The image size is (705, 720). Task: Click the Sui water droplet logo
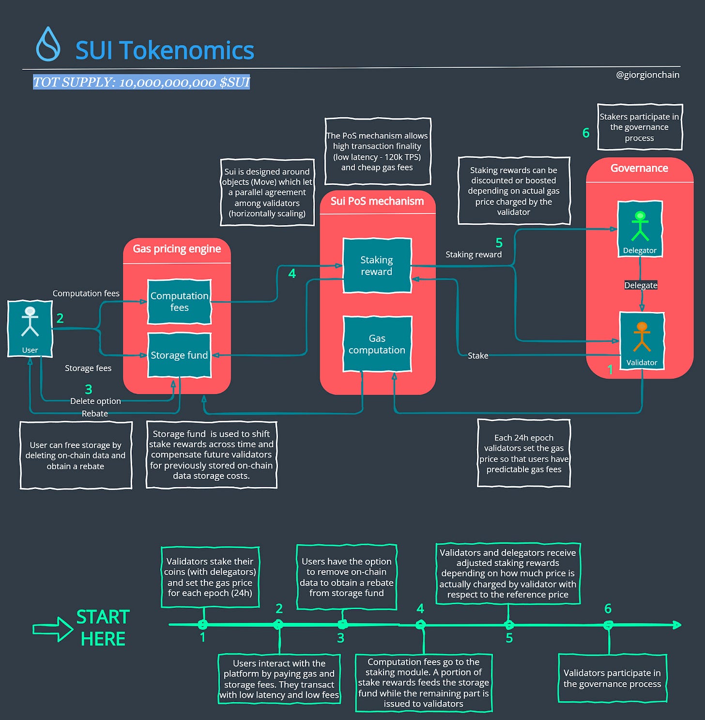(x=48, y=44)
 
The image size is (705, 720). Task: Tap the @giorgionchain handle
(x=647, y=75)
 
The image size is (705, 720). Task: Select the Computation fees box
(x=179, y=302)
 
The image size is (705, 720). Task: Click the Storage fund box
(x=179, y=355)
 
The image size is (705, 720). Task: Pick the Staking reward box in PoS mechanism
(x=377, y=265)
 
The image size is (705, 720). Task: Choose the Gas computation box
(x=377, y=344)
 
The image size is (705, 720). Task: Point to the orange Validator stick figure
(x=642, y=336)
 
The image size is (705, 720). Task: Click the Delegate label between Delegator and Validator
(x=641, y=285)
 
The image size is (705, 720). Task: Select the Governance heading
(x=639, y=168)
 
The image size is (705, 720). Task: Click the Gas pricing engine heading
(x=177, y=249)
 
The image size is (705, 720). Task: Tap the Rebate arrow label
(x=95, y=414)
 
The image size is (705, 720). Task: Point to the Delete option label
(x=95, y=401)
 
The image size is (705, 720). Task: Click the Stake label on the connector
(x=478, y=355)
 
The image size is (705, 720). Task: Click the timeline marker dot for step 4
(x=420, y=625)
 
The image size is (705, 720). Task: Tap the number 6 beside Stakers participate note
(x=586, y=133)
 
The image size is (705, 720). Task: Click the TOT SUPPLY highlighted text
(x=141, y=82)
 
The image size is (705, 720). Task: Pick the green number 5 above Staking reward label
(x=499, y=243)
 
